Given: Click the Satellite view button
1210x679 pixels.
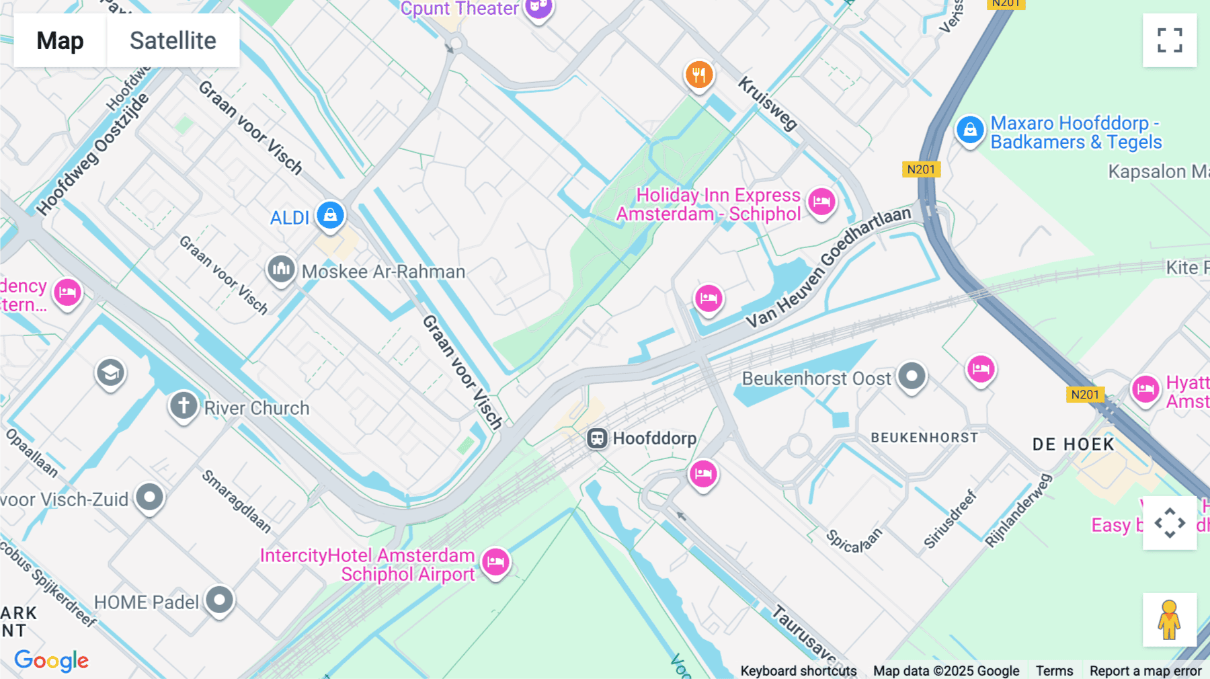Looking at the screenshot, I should click(x=173, y=40).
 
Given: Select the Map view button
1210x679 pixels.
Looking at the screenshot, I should click(x=60, y=40).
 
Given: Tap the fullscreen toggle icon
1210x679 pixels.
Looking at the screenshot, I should click(x=1170, y=40).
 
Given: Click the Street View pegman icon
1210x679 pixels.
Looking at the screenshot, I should click(x=1169, y=619).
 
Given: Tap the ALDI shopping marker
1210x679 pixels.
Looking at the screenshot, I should click(x=330, y=215).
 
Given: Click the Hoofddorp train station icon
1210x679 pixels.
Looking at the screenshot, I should click(x=597, y=438).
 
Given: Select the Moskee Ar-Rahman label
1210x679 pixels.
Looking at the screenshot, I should click(x=383, y=272).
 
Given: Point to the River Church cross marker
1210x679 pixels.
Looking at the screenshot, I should click(x=184, y=405).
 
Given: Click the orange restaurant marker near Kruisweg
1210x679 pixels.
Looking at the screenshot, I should click(x=699, y=75).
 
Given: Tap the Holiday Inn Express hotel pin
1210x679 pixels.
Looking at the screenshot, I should click(x=821, y=201).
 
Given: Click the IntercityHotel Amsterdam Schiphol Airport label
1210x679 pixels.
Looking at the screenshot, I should click(x=368, y=565).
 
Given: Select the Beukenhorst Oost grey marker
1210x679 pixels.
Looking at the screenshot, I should click(x=912, y=376).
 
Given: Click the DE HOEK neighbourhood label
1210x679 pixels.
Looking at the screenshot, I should click(x=1074, y=444).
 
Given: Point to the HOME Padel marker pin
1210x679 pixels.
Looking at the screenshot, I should click(x=219, y=599).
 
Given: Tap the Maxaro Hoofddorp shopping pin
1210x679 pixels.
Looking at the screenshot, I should click(x=970, y=129).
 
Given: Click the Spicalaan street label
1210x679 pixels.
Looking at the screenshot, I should click(x=853, y=541).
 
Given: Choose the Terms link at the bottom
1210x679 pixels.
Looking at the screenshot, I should click(x=1054, y=670).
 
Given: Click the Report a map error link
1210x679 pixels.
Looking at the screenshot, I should click(x=1145, y=670).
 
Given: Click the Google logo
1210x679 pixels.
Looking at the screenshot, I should click(x=52, y=661).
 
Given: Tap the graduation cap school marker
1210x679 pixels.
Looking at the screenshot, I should click(x=110, y=372).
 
